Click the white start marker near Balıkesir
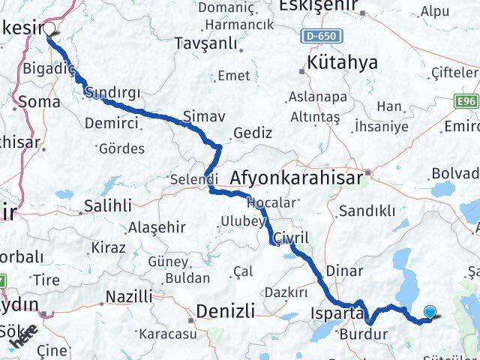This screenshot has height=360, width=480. pos(49,29)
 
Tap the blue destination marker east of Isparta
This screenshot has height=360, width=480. pos(430,313)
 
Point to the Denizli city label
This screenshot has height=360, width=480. pos(225,310)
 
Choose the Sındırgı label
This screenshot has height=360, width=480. pos(113,92)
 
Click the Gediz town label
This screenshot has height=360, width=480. pos(253,132)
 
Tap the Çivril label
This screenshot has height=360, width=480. pos(291,237)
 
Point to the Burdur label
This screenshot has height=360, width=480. pos(364,334)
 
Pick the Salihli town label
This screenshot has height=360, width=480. pos(108,205)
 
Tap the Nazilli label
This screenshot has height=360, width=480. pos(128,296)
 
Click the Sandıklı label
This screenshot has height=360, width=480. pos(367,211)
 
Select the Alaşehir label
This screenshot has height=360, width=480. pos(154,227)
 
